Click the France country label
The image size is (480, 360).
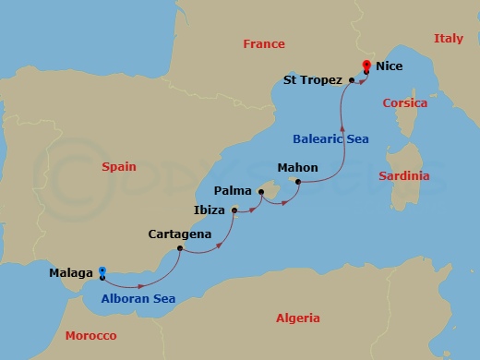point(263,43)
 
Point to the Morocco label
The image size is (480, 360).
point(90,335)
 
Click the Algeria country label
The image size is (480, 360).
point(297,318)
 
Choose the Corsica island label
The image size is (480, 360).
point(405,103)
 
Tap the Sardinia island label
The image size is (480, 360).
point(406,174)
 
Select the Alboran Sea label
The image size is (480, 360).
point(138,298)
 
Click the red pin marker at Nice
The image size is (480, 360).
point(366,66)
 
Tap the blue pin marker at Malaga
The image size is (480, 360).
point(102,271)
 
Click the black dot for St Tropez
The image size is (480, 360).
point(352,80)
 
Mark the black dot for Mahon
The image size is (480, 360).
point(297,182)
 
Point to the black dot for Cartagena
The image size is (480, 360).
point(182,250)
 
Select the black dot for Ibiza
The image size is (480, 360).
point(234,210)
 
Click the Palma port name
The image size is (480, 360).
point(231,190)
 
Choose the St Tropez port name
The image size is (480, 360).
point(313,80)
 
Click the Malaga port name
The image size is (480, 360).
point(71,273)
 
